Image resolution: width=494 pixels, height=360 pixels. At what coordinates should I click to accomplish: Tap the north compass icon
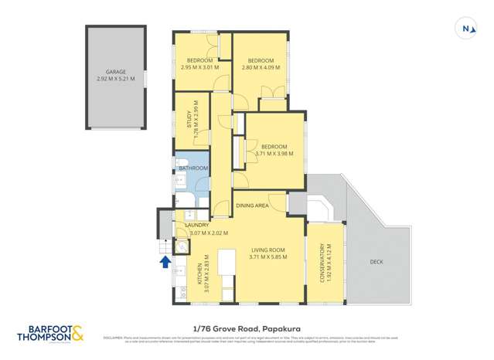click(466, 29)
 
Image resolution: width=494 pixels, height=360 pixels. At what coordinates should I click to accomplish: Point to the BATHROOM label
click(193, 168)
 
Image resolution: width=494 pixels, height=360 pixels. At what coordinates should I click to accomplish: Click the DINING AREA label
click(252, 205)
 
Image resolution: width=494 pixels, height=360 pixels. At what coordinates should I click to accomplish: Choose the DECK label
click(376, 262)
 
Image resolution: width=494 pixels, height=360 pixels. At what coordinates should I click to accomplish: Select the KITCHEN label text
click(199, 276)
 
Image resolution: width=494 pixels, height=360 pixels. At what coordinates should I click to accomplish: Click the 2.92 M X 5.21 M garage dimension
click(115, 78)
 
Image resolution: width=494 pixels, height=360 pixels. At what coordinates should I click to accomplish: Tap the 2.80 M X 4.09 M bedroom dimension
click(261, 68)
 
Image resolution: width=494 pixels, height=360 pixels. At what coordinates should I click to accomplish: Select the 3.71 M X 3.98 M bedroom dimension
click(274, 154)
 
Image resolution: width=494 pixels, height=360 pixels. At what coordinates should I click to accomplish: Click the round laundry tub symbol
click(181, 247)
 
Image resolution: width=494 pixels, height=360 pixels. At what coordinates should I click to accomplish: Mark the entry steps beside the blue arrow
click(165, 246)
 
